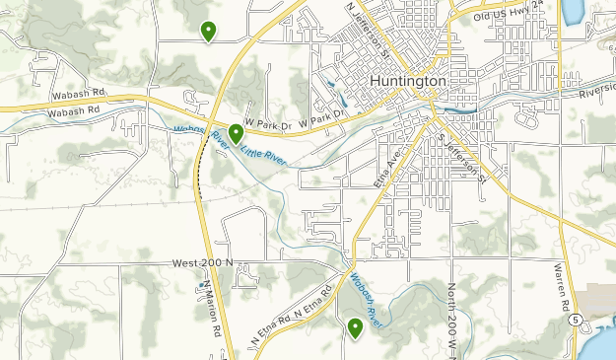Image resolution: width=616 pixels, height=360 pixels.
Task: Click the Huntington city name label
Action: [x=408, y=81]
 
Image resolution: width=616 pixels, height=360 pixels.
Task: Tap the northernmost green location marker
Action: [x=208, y=32]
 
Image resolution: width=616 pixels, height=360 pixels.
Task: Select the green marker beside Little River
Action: [x=237, y=133]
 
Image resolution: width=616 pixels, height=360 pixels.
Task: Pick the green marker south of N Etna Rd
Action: [x=355, y=327]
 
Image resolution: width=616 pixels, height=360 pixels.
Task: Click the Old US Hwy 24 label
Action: [x=510, y=12]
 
